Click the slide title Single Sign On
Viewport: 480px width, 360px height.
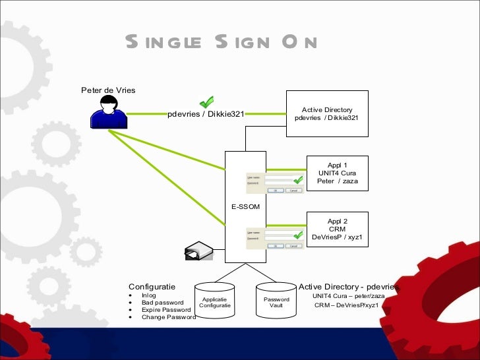222,44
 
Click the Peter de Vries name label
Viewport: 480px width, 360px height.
108,90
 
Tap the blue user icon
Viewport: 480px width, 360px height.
107,111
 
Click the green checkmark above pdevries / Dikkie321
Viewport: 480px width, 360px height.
206,102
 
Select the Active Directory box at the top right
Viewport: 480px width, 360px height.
327,113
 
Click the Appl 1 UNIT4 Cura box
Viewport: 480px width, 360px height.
337,173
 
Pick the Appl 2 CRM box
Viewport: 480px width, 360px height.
337,229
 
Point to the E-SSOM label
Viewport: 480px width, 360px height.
245,207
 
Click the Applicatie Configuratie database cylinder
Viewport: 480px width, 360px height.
215,302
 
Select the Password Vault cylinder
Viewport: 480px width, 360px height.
276,302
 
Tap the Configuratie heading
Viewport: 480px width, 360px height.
152,287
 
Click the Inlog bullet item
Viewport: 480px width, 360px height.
149,295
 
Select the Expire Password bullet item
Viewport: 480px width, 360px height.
166,310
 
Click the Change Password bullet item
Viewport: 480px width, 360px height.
168,317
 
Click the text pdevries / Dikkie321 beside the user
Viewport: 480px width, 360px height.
206,114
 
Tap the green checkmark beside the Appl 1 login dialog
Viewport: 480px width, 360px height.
297,179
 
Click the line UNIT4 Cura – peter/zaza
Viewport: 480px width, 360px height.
348,296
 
